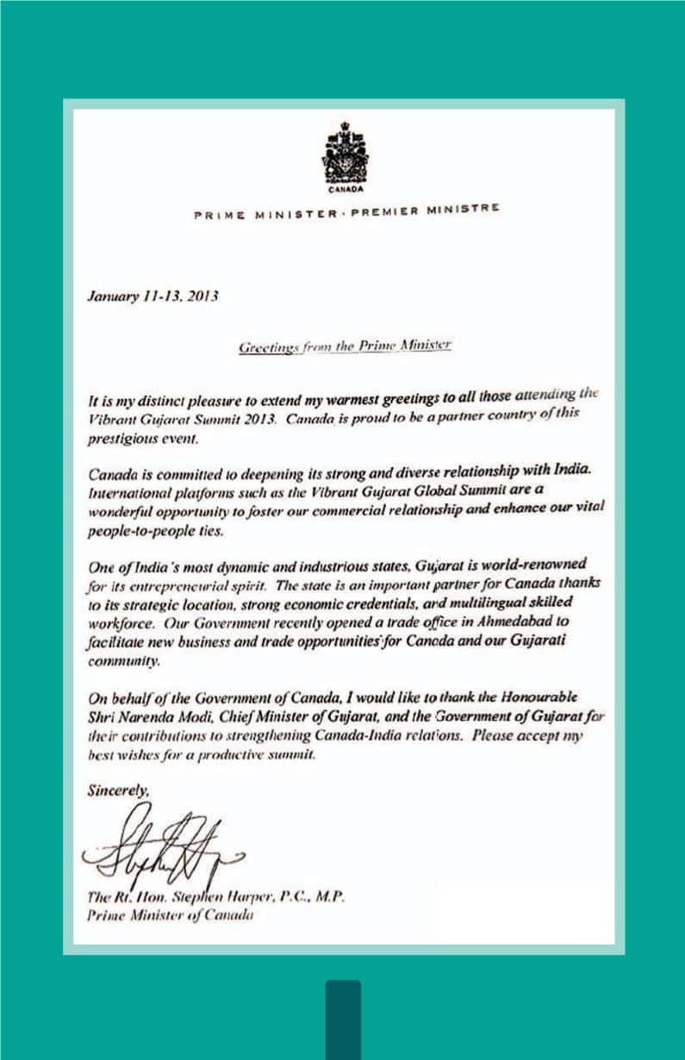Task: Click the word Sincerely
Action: (x=116, y=789)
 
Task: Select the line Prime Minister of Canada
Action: (x=169, y=916)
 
